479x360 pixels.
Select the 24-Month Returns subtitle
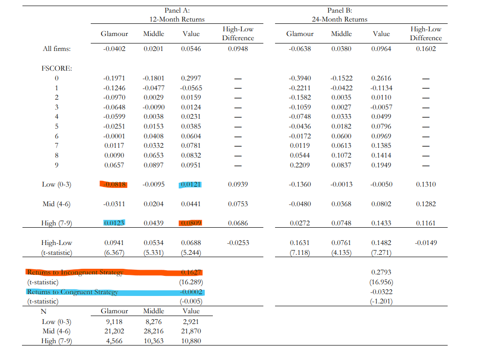click(340, 19)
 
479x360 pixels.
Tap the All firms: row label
click(57, 49)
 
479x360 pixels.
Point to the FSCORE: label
click(57, 68)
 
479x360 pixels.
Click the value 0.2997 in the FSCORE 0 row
click(191, 78)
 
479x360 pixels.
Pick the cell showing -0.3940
click(300, 78)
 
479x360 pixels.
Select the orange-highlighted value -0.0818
click(114, 184)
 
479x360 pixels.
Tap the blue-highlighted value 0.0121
click(191, 184)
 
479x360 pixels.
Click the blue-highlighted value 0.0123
click(114, 223)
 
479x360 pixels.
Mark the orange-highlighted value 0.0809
click(191, 223)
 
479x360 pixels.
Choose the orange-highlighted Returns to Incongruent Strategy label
click(75, 273)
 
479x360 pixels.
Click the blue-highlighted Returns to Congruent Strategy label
click(73, 292)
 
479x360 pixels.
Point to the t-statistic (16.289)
click(191, 282)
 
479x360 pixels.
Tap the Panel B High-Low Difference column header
click(426, 34)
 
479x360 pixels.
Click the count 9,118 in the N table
click(114, 321)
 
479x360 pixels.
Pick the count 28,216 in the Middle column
click(153, 331)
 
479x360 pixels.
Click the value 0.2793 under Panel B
click(381, 273)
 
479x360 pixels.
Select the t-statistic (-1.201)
click(381, 302)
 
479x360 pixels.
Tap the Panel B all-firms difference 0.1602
click(426, 49)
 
